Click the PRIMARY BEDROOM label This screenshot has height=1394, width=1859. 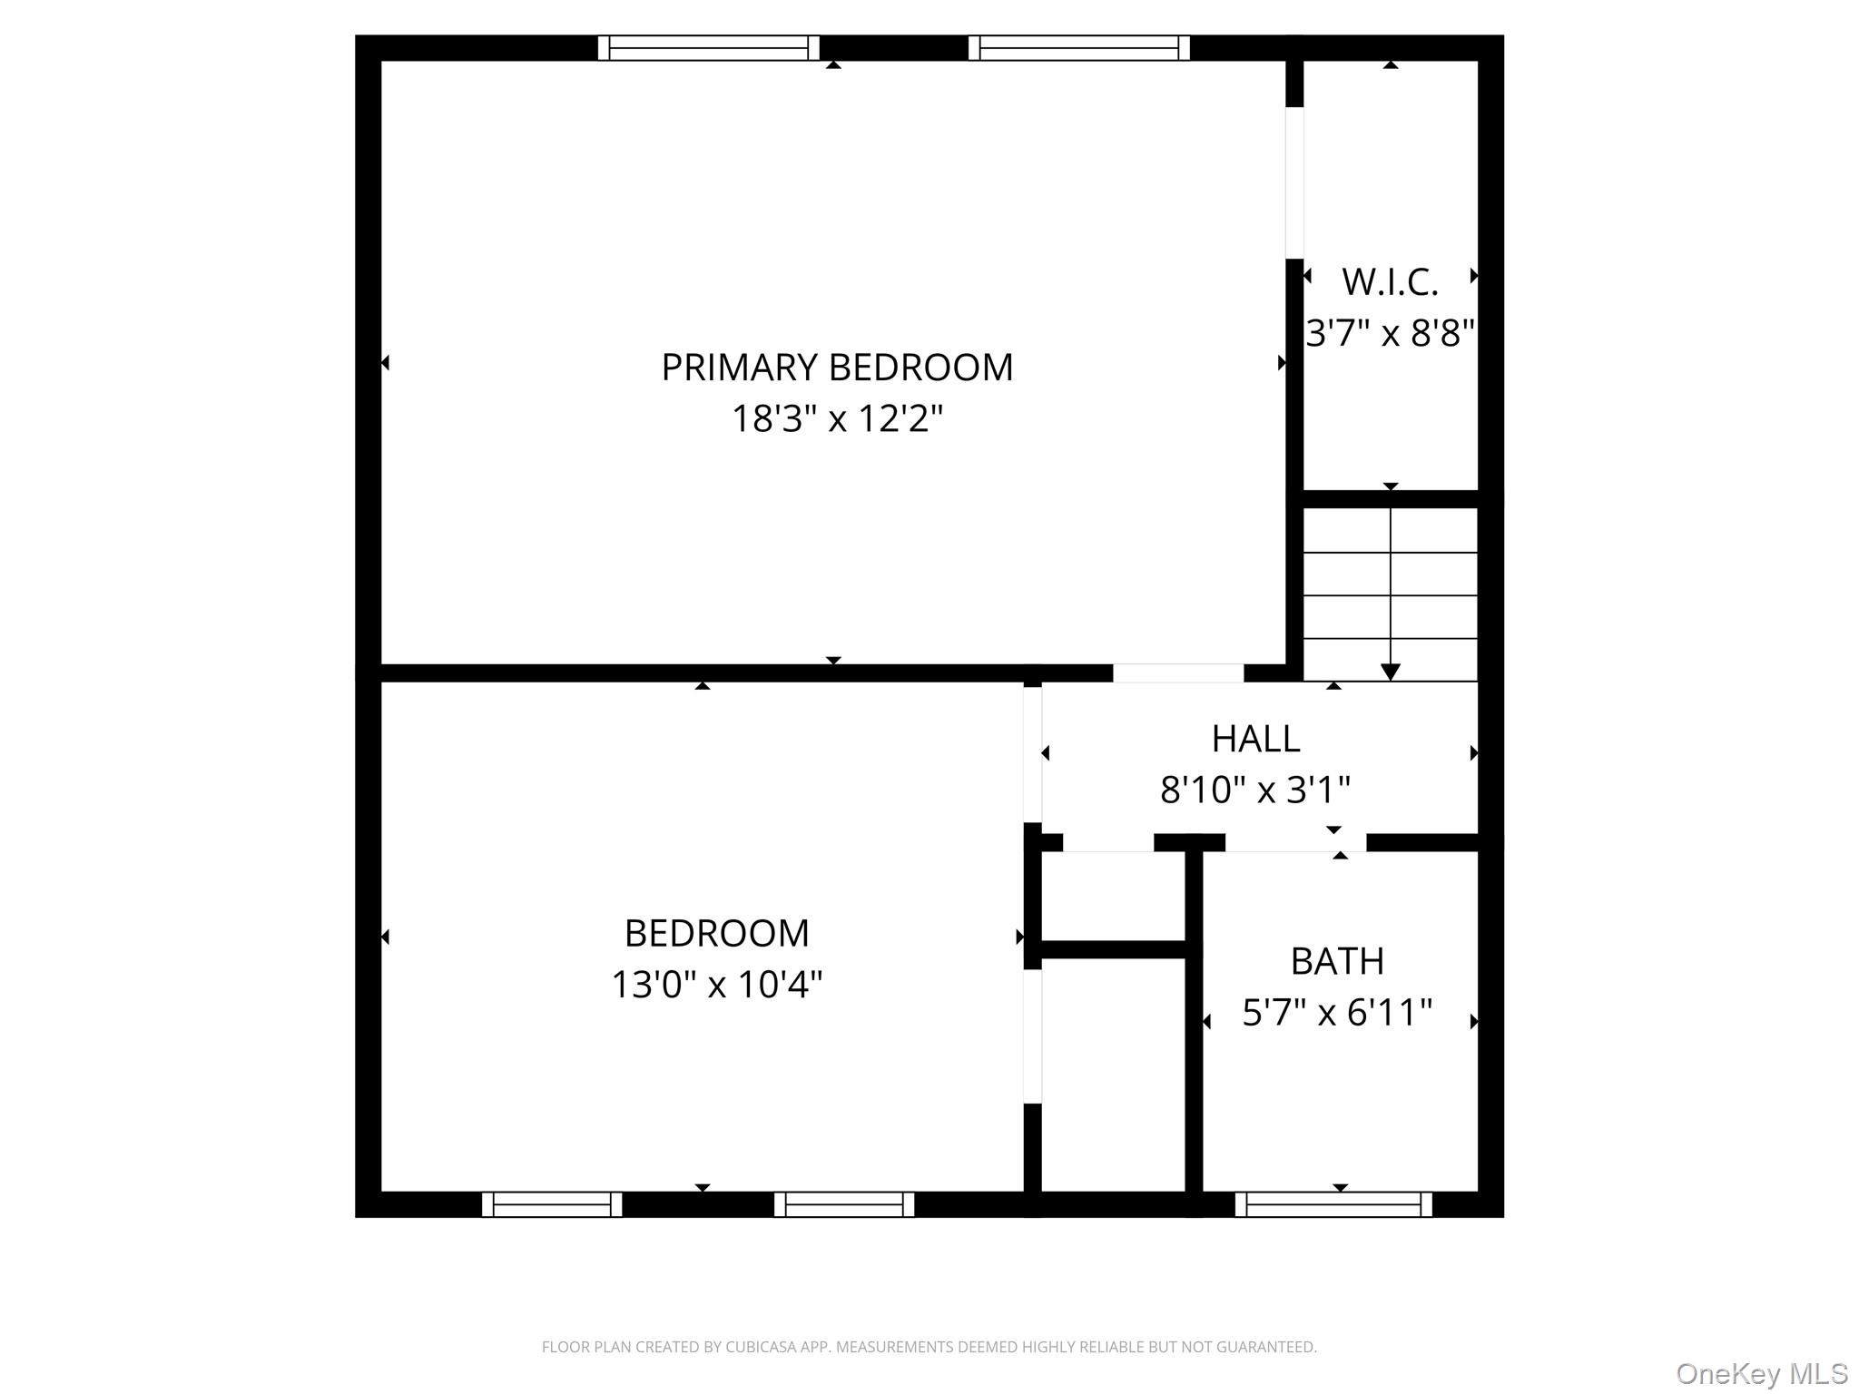coord(836,368)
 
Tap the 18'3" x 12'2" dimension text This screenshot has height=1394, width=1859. coord(836,419)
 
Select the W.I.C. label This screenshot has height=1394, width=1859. coord(1390,282)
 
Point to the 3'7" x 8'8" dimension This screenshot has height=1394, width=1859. coord(1390,333)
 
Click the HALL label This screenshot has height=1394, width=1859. coord(1255,739)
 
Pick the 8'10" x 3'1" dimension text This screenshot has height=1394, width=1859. coord(1255,790)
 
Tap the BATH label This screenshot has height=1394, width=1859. coord(1337,961)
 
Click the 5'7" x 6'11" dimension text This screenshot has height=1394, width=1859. coord(1337,1012)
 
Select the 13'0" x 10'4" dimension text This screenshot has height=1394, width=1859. coord(716,985)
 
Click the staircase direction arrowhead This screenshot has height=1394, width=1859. coord(1390,672)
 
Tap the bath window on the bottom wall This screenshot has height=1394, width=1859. coord(1333,1204)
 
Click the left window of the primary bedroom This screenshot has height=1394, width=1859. coord(708,47)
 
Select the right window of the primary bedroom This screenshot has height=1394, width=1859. coord(1078,47)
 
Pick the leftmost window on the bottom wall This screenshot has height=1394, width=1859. coord(551,1204)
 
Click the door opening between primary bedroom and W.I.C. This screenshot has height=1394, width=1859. coord(1294,182)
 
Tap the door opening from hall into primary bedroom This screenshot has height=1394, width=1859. coord(1177,672)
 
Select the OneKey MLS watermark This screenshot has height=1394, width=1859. coord(1761,1373)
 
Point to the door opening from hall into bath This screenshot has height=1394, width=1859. coord(1295,842)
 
